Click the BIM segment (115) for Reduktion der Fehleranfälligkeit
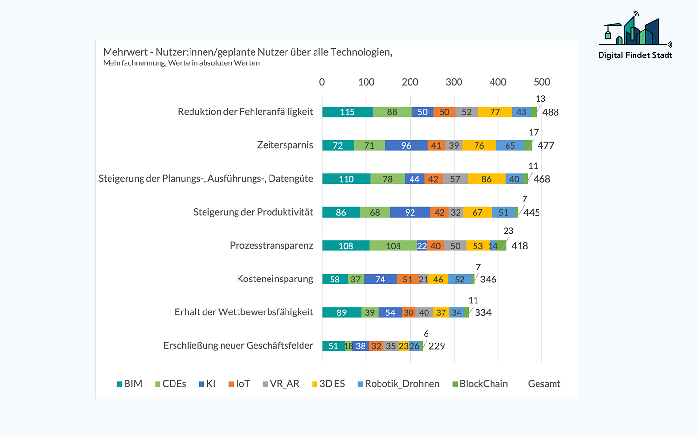(347, 112)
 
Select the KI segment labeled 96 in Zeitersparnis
(406, 145)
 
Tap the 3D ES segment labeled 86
(486, 179)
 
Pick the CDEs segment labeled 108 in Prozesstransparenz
(393, 246)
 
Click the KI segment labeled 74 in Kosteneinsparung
(380, 279)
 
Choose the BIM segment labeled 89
(341, 312)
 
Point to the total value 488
(550, 112)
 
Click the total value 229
(436, 346)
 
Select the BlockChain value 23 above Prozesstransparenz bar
(508, 231)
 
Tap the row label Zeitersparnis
(285, 145)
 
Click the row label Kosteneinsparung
(275, 279)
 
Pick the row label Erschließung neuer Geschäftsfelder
(238, 345)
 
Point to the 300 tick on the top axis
(454, 82)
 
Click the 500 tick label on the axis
(541, 82)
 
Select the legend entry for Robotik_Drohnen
(402, 384)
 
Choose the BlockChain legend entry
(483, 384)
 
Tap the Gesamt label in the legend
(544, 384)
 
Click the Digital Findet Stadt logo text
(635, 55)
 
